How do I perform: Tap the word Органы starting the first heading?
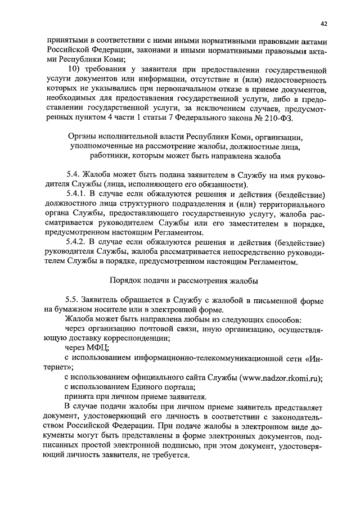80,136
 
